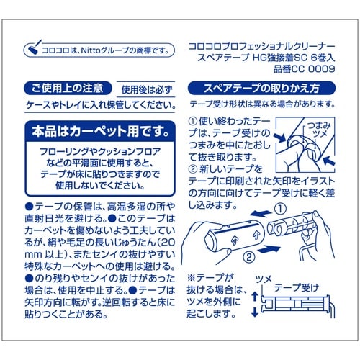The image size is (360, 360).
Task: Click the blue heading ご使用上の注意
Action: click(x=60, y=90)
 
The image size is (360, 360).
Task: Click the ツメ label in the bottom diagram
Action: click(x=264, y=278)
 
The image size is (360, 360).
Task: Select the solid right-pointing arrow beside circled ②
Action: click(x=268, y=249)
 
